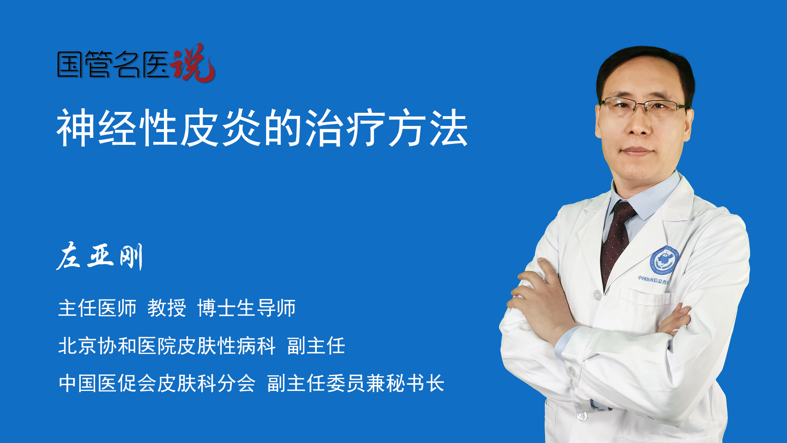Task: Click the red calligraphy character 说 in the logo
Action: coord(193,63)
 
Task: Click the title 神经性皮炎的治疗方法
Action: coord(262,128)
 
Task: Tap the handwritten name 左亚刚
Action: coord(100,256)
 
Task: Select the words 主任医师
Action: coord(97,308)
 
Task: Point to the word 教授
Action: coord(167,308)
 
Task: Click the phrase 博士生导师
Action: coord(246,308)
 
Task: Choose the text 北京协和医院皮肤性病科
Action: coord(167,346)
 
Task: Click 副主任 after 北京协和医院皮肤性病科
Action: coord(316,346)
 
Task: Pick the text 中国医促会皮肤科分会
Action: coord(157,384)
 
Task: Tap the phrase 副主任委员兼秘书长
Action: coord(356,384)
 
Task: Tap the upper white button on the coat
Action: coord(597,295)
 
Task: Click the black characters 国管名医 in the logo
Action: coord(113,64)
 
